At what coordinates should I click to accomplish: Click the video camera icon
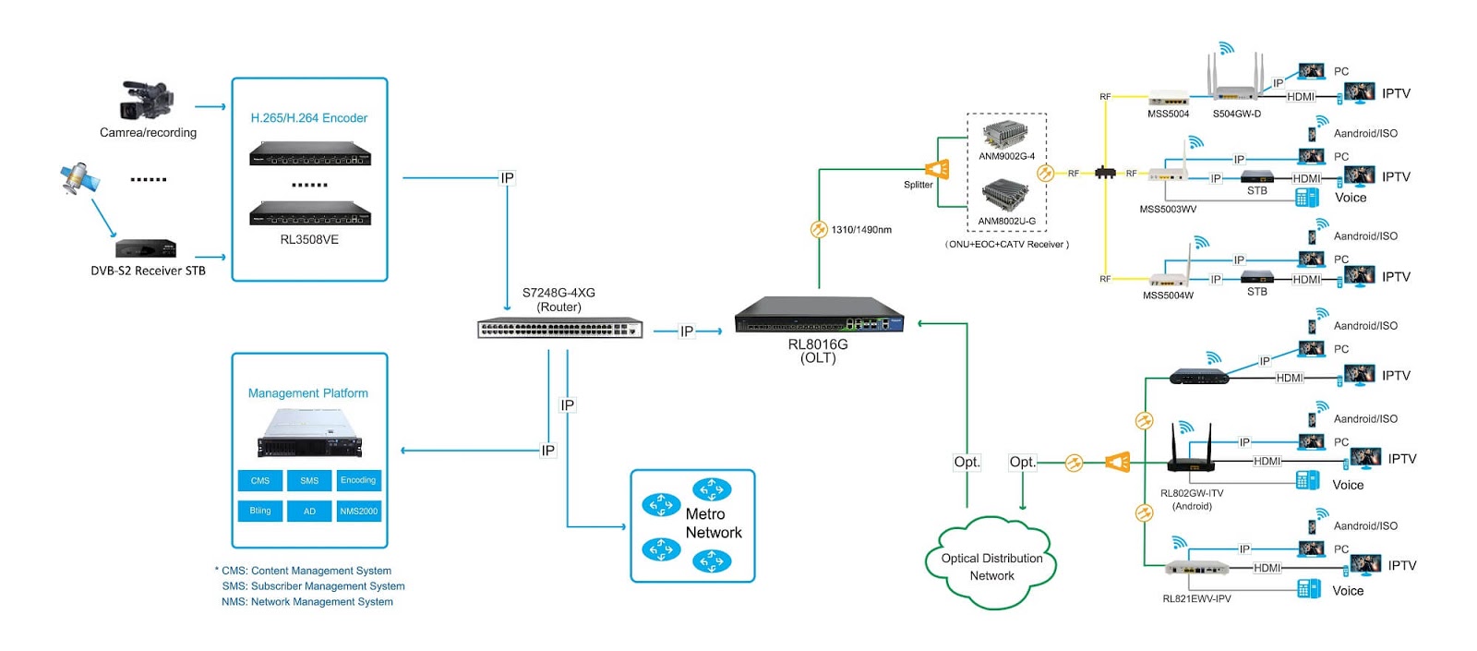click(147, 100)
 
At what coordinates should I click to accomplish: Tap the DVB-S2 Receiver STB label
click(148, 271)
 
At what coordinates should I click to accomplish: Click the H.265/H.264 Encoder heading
click(309, 118)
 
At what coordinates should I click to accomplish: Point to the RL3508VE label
click(309, 239)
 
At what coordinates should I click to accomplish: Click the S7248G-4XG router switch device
click(559, 328)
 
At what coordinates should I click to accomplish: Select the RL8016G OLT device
click(819, 317)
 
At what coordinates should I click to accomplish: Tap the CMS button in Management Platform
click(260, 480)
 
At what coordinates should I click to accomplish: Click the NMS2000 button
click(358, 511)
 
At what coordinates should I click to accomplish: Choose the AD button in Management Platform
click(309, 511)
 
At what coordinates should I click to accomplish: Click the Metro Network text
click(713, 524)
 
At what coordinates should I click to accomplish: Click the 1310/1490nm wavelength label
click(861, 230)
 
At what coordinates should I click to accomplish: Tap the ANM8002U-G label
click(1006, 221)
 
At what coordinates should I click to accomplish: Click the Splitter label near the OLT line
click(918, 185)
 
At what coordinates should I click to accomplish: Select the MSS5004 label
click(1168, 114)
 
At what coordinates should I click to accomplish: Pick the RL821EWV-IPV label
click(1196, 598)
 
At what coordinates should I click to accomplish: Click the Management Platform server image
click(309, 433)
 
